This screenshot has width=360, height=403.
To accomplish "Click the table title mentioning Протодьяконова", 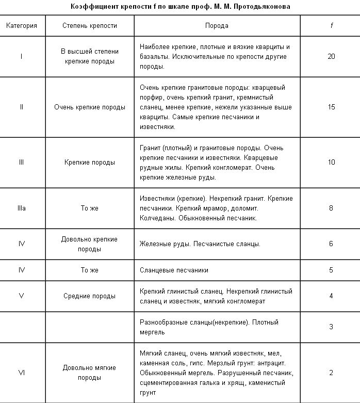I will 181,6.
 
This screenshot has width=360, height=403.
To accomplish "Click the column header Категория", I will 22,26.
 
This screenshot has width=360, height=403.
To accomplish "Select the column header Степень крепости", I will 89,26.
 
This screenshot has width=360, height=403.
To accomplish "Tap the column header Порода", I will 217,26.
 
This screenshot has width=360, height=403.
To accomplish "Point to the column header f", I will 331,26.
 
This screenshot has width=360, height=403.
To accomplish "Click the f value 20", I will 331,56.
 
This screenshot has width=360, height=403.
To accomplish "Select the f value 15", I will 331,107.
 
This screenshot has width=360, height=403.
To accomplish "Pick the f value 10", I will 331,162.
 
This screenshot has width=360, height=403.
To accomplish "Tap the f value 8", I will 331,208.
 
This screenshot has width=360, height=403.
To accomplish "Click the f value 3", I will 331,327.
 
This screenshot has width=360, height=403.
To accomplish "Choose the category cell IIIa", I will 22,208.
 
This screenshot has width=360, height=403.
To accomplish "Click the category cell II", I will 22,107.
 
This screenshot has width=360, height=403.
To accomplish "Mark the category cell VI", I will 22,373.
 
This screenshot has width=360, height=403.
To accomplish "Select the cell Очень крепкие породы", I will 89,107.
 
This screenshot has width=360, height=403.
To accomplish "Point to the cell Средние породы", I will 89,296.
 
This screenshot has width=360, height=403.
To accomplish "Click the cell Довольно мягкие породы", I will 89,373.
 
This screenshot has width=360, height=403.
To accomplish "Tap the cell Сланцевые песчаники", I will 174,270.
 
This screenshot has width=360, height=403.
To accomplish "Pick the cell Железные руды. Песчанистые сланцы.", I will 200,244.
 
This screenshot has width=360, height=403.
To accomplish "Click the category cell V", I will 22,296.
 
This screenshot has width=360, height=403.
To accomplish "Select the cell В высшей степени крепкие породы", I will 89,56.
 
